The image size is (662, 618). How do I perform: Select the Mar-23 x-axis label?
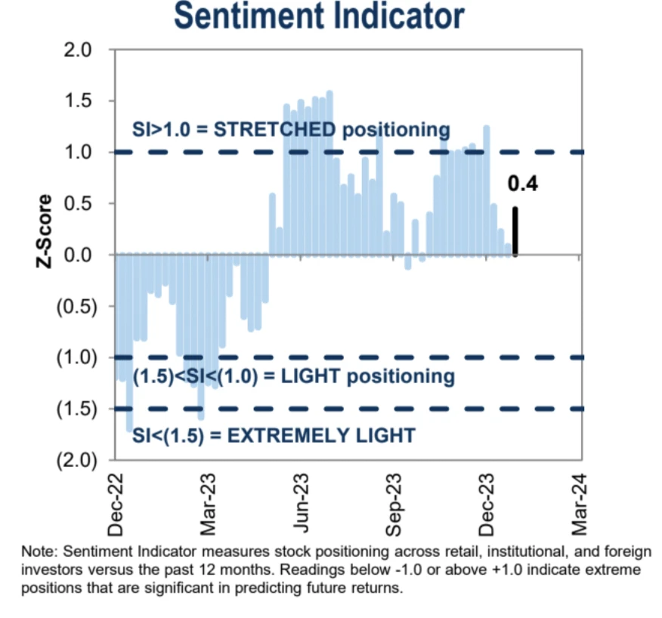[x=209, y=503]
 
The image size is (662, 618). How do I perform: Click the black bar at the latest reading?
[x=515, y=232]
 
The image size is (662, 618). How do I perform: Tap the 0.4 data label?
[x=522, y=184]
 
